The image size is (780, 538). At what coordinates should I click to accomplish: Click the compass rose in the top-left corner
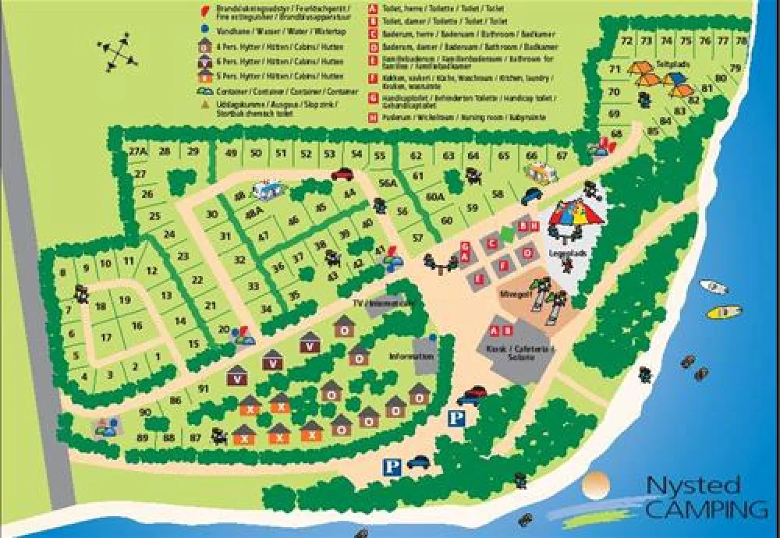[x=118, y=53]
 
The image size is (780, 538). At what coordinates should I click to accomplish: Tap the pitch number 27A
[x=138, y=151]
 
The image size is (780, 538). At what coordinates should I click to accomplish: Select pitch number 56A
[x=388, y=183]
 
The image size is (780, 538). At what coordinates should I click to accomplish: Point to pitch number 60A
[x=435, y=197]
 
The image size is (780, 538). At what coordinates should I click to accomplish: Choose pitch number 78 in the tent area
[x=741, y=41]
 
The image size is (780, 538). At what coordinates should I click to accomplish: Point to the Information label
[x=410, y=356]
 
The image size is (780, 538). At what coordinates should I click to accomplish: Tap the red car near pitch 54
[x=342, y=174]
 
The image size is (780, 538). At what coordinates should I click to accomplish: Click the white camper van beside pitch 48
[x=267, y=188]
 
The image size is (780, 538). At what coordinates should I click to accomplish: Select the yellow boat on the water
[x=724, y=313]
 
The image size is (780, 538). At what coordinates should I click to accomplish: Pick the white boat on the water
[x=713, y=287]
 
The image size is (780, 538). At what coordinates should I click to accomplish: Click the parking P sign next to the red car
[x=456, y=419]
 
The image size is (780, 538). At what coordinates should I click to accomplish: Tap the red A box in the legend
[x=373, y=9]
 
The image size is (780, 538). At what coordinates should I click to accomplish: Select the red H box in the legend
[x=373, y=117]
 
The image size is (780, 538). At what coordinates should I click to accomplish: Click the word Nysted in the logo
[x=693, y=485]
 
